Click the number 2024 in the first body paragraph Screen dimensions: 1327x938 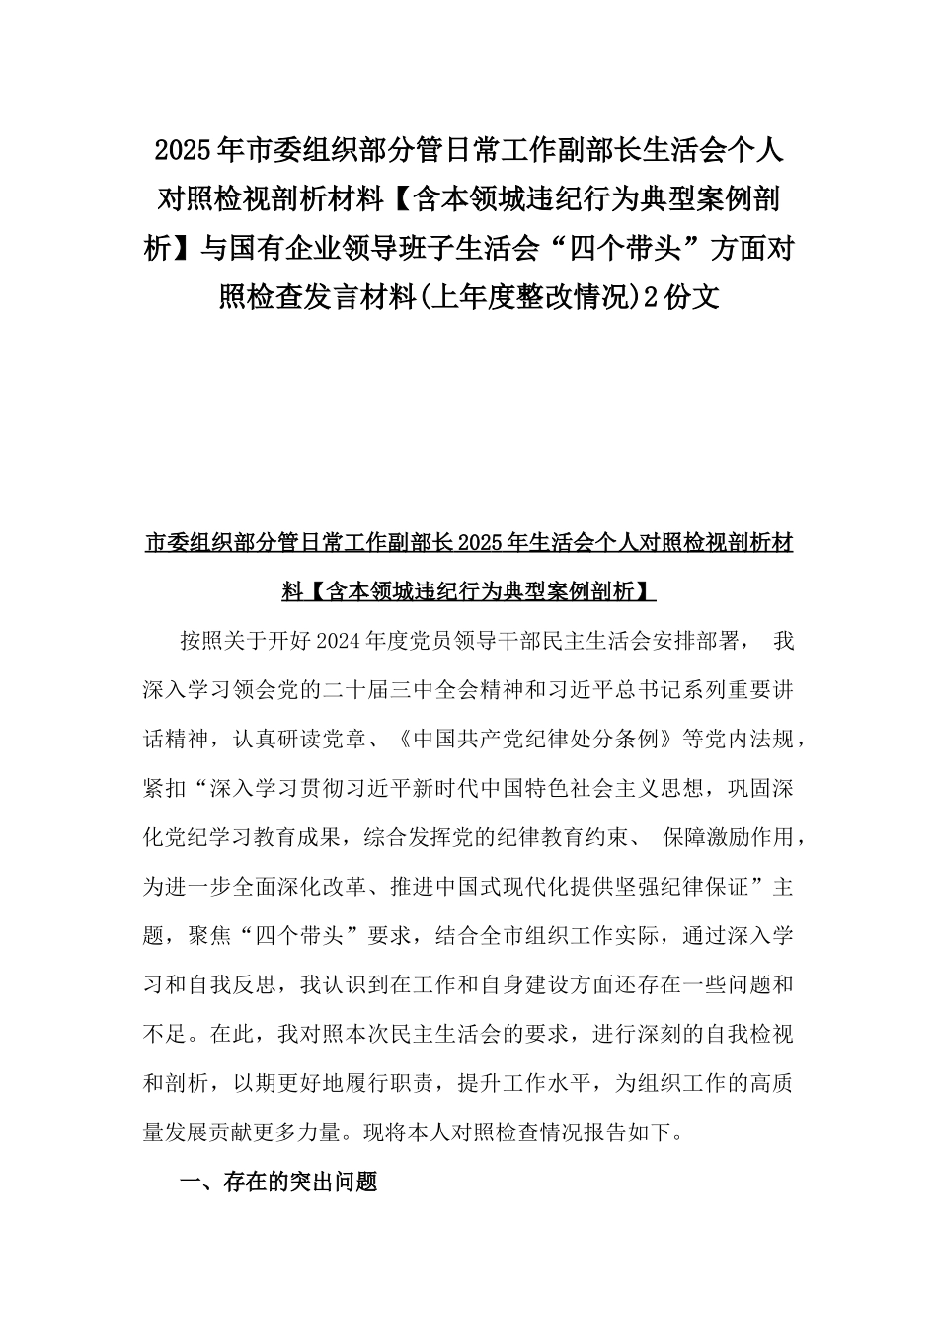(x=340, y=641)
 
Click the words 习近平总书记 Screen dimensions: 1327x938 (x=628, y=690)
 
